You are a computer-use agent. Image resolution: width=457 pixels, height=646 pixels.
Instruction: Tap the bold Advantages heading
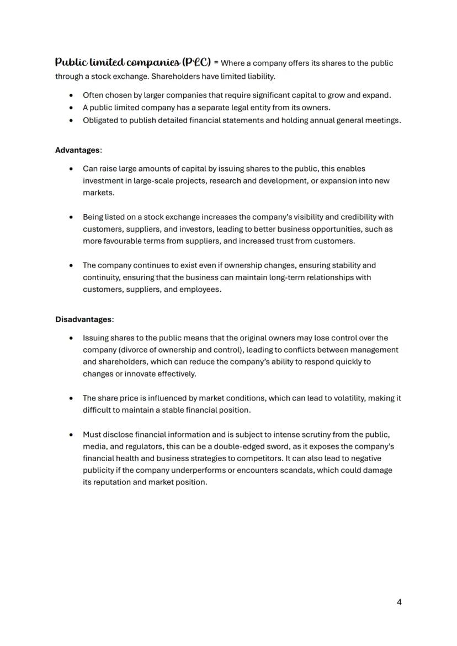click(78, 150)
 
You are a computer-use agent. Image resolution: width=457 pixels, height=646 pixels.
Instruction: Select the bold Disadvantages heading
click(83, 319)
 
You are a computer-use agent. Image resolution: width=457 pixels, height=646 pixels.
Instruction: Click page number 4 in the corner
click(399, 602)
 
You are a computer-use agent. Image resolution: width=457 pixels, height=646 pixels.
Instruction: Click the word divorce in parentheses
click(135, 350)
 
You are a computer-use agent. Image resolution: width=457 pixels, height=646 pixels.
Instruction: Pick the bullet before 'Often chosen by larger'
click(71, 95)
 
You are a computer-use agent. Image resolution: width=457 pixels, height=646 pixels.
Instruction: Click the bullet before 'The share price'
click(71, 398)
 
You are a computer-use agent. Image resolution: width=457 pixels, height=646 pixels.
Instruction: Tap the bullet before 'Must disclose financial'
click(71, 435)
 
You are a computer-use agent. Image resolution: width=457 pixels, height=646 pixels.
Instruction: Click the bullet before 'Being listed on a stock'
click(71, 217)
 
